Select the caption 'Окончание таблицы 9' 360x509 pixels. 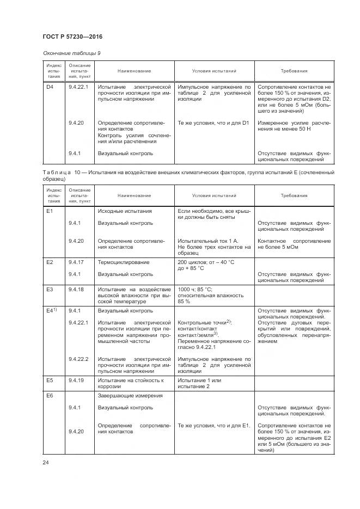(x=71, y=53)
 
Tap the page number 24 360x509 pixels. (x=46, y=462)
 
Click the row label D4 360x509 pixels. (x=50, y=87)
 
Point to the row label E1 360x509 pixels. (x=50, y=211)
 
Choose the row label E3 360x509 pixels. (x=50, y=289)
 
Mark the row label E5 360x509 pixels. (x=50, y=380)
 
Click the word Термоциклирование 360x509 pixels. (x=124, y=262)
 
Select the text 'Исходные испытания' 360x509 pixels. (x=124, y=211)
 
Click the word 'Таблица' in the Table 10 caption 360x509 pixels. (x=55, y=172)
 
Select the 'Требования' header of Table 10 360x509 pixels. (x=294, y=195)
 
